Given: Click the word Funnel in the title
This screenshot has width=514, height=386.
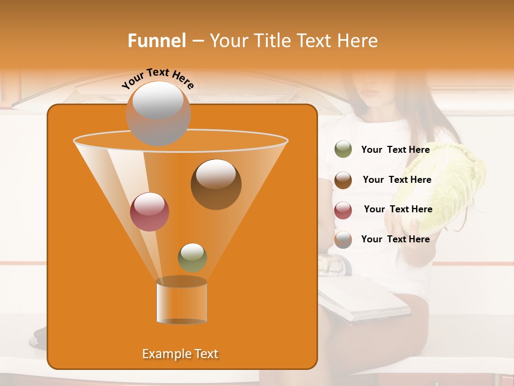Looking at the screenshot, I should pos(157,41).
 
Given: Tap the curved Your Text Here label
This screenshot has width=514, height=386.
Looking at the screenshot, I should pos(158,78).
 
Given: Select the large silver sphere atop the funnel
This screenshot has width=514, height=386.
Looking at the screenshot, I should pos(158,113).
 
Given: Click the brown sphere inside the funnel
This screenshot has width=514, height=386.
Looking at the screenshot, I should pos(216,184).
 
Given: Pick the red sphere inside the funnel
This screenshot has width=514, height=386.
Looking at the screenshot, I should pos(149,212).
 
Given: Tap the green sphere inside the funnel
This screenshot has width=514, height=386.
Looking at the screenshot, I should pos(192,257).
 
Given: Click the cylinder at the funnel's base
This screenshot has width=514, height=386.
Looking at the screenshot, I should pos(182,301).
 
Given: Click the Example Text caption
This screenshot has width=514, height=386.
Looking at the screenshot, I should pos(180,354).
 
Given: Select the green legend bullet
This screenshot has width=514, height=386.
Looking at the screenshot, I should pos(343,150).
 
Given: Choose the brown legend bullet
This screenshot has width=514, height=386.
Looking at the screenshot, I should pos(343,180).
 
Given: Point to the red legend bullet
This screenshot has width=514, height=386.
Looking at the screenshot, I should pos(343,210).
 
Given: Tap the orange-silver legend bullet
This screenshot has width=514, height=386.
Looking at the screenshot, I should pos(343,240).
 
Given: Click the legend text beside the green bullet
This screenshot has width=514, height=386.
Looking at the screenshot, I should pos(395,150).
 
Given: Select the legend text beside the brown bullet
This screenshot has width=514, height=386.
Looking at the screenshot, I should pos(397,180).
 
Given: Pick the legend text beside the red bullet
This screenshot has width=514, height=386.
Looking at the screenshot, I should pos(398,209).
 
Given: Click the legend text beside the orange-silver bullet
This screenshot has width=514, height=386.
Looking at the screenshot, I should pos(395,239).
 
